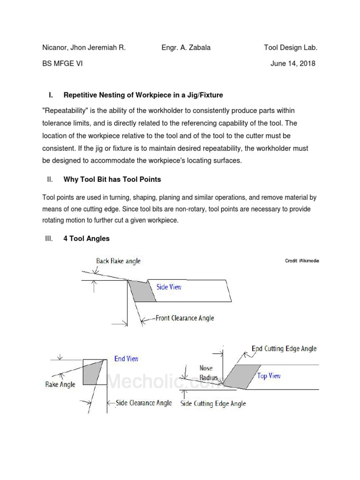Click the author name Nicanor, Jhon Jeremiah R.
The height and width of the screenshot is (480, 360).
84,48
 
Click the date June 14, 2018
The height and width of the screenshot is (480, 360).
293,64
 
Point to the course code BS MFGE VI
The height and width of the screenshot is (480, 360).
62,64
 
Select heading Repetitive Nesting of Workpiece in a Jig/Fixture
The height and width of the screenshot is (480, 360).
143,95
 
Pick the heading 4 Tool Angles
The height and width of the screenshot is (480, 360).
86,239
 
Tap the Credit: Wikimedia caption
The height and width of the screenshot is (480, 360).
302,261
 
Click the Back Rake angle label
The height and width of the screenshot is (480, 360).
118,261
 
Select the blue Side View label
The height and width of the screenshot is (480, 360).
169,287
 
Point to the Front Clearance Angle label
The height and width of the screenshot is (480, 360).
185,318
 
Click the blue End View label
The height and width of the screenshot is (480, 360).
127,359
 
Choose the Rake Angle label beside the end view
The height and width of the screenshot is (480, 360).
60,384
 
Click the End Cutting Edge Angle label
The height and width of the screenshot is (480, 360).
284,348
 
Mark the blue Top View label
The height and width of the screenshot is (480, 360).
269,376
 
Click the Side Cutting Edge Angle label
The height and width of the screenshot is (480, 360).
213,404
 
